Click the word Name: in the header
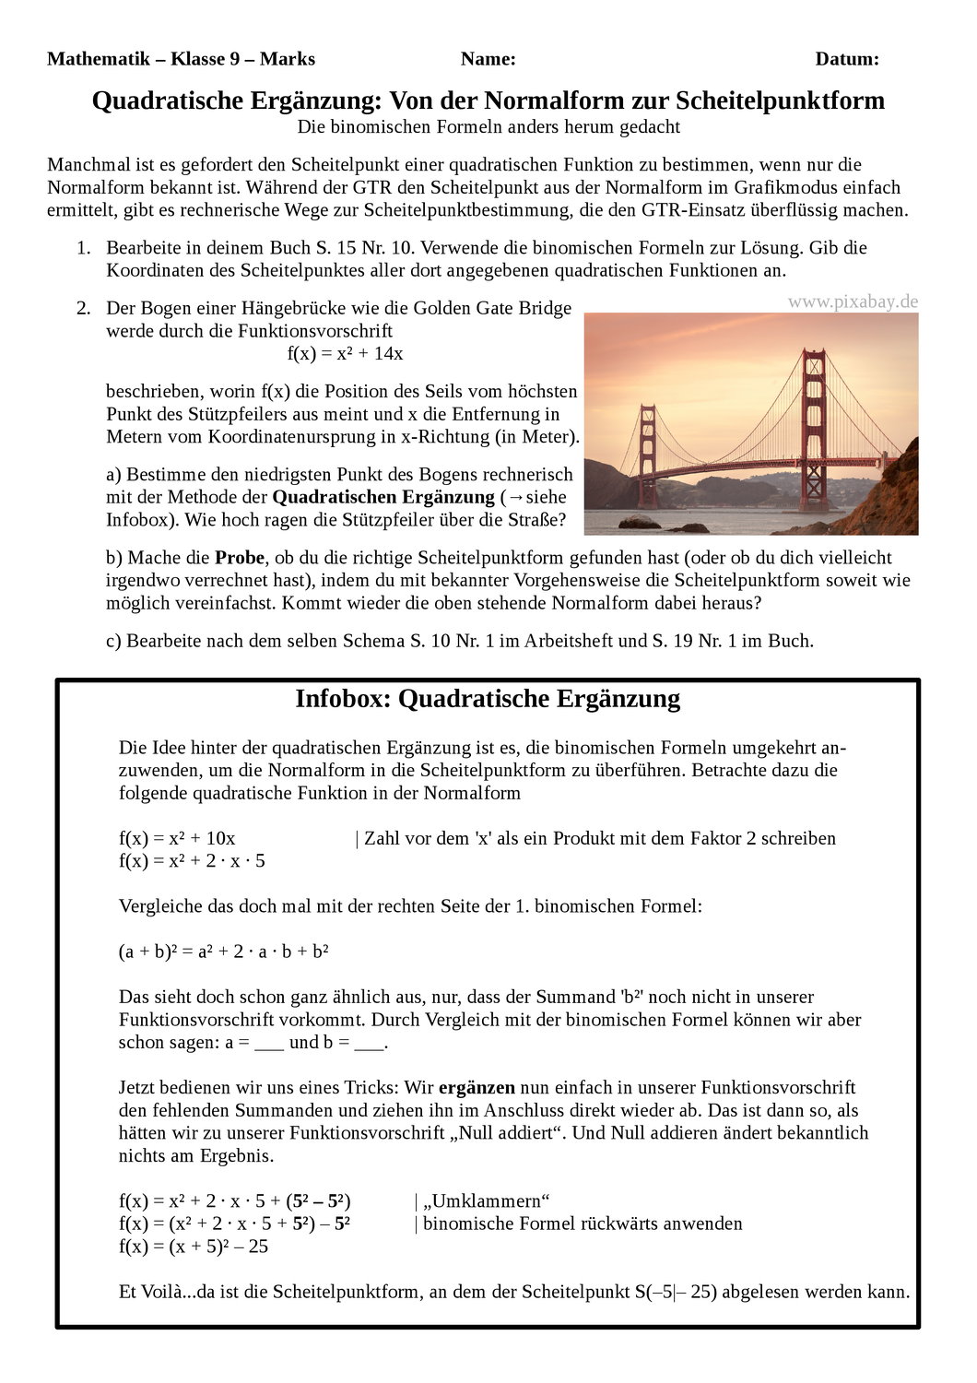point(488,59)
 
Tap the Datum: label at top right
point(846,59)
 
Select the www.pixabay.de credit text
point(853,301)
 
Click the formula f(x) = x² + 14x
point(345,353)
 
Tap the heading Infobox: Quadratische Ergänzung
point(488,699)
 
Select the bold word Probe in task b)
point(240,558)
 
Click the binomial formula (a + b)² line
point(224,952)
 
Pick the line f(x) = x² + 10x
point(177,838)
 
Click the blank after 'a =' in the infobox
point(269,1044)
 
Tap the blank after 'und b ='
point(369,1044)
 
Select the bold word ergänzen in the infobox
point(477,1088)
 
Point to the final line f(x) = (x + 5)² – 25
point(194,1247)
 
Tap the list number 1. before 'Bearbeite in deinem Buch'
point(84,248)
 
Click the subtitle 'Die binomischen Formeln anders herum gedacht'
point(488,127)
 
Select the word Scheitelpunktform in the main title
point(780,100)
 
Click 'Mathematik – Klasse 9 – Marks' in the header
point(181,59)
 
